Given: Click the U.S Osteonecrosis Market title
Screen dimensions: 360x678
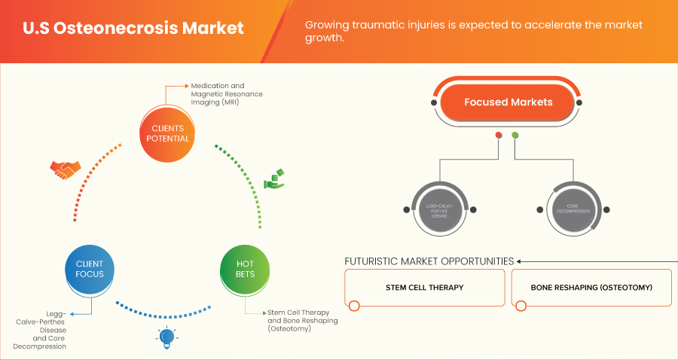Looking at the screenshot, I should tap(133, 29).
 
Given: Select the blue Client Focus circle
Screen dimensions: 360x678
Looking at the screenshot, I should tap(90, 269).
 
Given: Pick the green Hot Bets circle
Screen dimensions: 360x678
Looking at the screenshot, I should tap(245, 269).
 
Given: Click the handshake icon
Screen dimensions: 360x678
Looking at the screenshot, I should tap(65, 169).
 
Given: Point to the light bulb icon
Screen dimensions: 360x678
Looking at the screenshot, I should tap(166, 337).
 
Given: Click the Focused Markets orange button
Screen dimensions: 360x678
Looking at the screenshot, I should tap(508, 102).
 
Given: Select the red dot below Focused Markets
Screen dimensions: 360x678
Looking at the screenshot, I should tap(498, 136).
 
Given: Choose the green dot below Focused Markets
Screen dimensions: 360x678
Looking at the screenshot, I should tap(515, 136).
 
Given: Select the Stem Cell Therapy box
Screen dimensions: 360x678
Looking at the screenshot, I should tap(425, 288).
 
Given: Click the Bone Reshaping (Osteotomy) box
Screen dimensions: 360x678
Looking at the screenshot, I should tap(591, 288).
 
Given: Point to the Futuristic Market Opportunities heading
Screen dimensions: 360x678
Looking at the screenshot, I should tap(429, 261).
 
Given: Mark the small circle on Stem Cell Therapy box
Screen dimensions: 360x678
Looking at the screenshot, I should tap(354, 305).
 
